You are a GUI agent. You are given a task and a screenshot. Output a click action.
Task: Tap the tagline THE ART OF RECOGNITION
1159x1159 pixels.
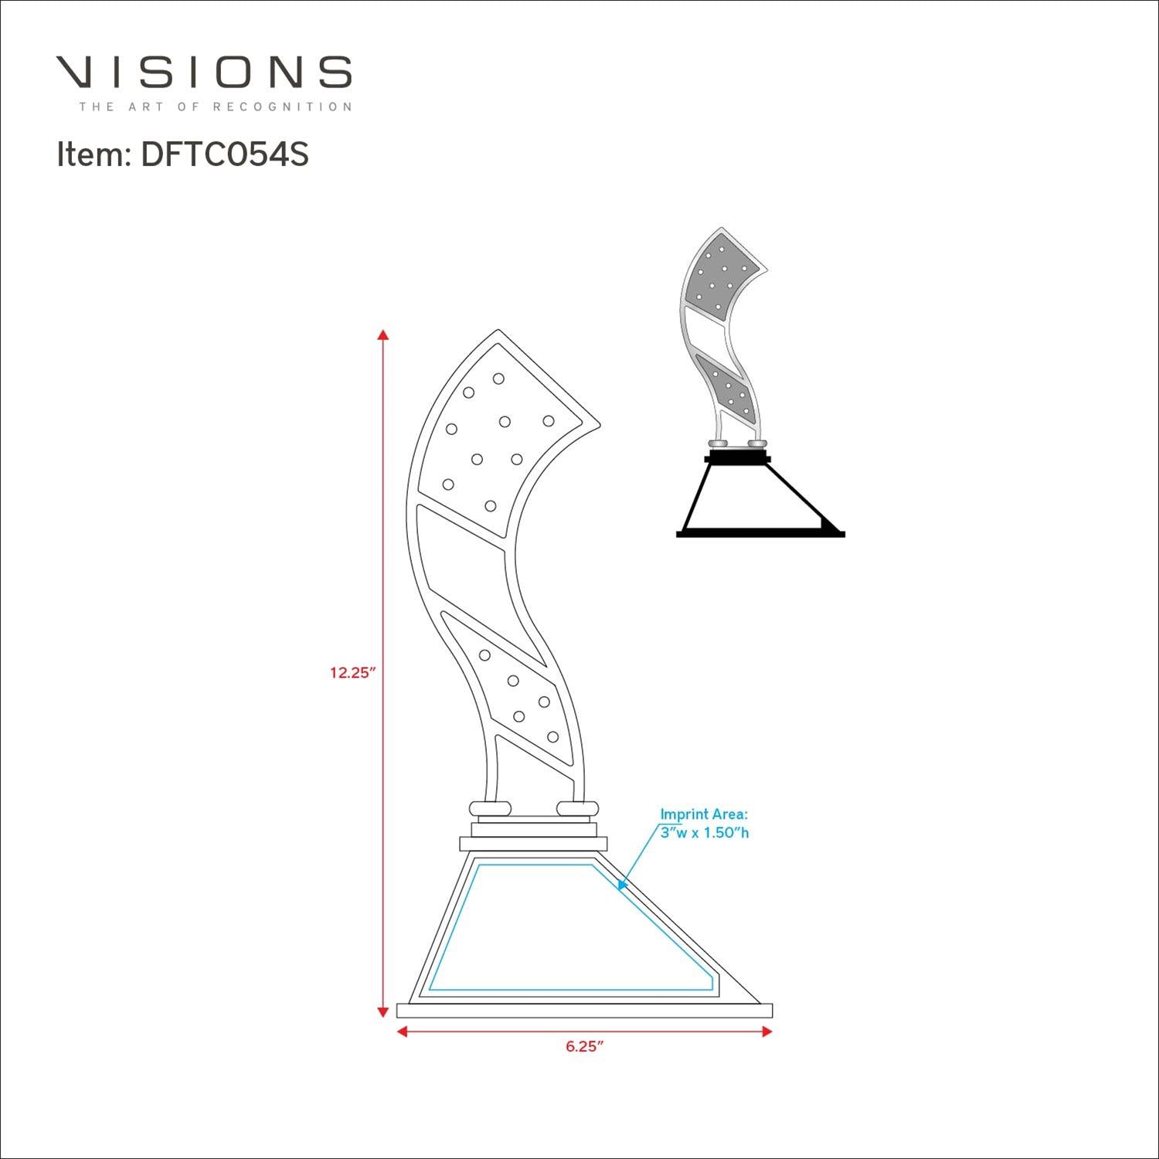[x=215, y=107]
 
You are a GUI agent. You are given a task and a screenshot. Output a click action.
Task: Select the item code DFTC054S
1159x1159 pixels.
[x=225, y=155]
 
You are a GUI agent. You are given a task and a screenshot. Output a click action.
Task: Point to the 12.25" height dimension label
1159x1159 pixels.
[x=352, y=672]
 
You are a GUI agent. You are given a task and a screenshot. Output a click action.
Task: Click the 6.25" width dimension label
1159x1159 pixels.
[x=584, y=1047]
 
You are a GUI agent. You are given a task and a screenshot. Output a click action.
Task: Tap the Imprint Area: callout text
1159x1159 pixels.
[x=703, y=814]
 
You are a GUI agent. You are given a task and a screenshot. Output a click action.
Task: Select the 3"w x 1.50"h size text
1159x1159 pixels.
[x=704, y=833]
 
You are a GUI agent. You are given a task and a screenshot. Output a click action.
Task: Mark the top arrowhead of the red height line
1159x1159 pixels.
[x=382, y=335]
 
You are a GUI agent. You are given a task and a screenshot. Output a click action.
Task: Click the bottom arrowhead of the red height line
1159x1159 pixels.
[x=382, y=1012]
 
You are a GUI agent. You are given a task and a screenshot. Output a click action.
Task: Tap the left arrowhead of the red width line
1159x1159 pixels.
[x=402, y=1032]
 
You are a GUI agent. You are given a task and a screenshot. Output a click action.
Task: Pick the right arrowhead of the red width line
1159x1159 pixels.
[x=766, y=1032]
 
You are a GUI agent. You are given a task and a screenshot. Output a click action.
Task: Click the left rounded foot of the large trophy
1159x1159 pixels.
[x=490, y=808]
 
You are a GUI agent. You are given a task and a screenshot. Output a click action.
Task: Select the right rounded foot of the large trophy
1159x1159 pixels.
[x=577, y=808]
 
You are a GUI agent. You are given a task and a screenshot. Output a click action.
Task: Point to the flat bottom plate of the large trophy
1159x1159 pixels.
[x=584, y=1011]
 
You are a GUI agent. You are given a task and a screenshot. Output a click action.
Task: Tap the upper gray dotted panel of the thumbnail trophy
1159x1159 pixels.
[x=719, y=278]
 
